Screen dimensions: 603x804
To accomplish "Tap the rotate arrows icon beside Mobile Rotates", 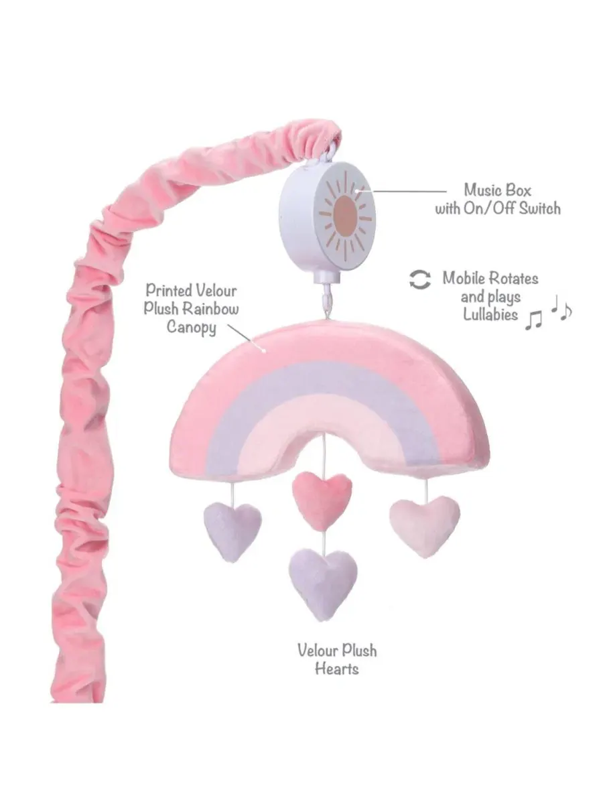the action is (x=420, y=280).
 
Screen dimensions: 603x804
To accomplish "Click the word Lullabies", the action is (x=490, y=314).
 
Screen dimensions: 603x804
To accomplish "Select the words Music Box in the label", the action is (x=497, y=190).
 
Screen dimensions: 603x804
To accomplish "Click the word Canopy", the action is (x=192, y=327).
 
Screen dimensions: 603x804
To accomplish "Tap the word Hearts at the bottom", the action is (x=337, y=669).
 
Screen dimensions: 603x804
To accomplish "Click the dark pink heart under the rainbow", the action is (x=322, y=500).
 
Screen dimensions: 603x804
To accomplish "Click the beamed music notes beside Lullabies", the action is (x=533, y=320).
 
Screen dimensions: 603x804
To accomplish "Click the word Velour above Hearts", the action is (x=318, y=651).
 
